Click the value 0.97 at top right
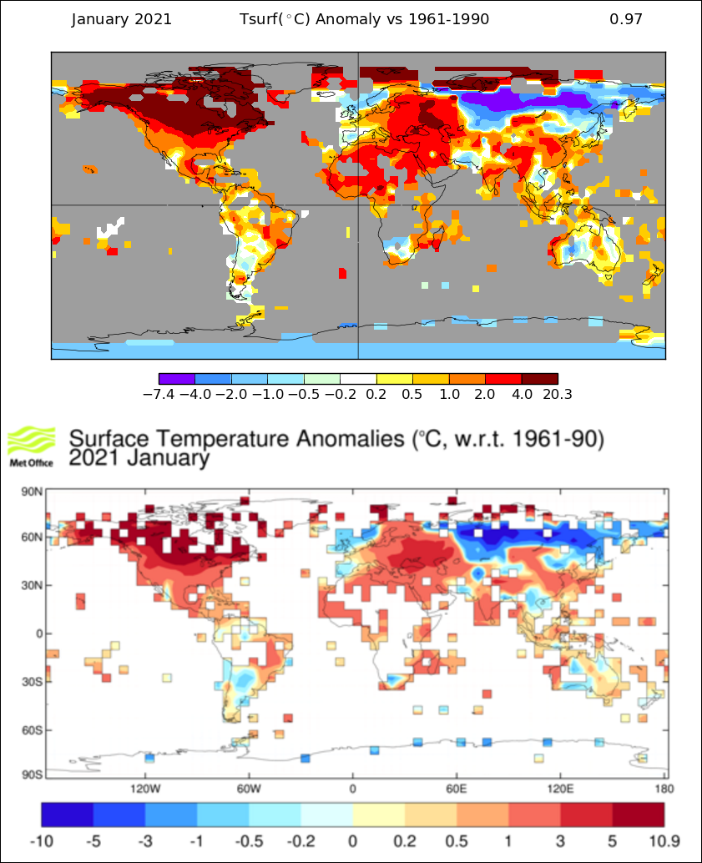pyautogui.click(x=626, y=19)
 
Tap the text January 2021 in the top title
pyautogui.click(x=122, y=19)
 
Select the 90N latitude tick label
pyautogui.click(x=31, y=492)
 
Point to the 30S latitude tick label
pyautogui.click(x=31, y=682)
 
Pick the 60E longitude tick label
pyautogui.click(x=456, y=788)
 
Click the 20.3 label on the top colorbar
pyautogui.click(x=556, y=394)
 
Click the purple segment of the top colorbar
pyautogui.click(x=176, y=379)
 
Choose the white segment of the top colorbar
pyautogui.click(x=358, y=379)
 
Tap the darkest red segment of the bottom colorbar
pyautogui.click(x=639, y=814)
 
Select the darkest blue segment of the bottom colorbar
pyautogui.click(x=68, y=814)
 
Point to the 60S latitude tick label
pyautogui.click(x=31, y=730)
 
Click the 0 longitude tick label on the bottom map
pyautogui.click(x=352, y=788)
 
